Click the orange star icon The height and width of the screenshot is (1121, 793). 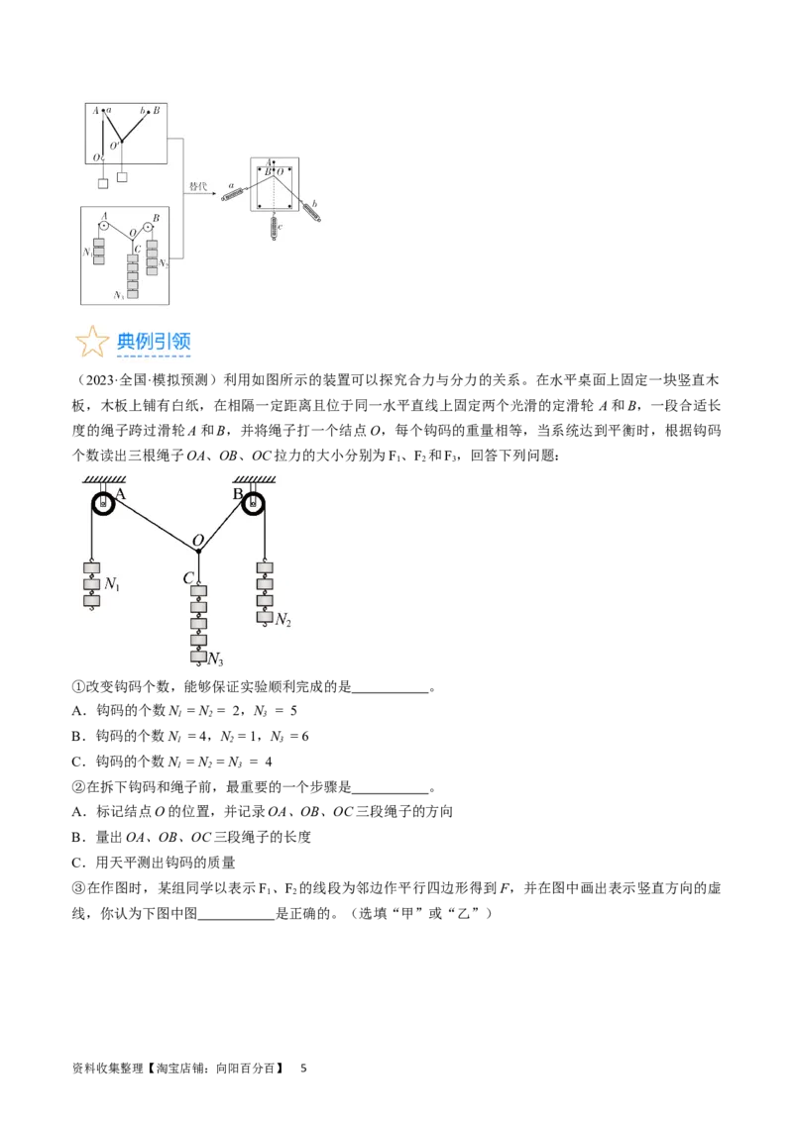point(92,342)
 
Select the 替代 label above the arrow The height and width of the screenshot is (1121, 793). point(199,185)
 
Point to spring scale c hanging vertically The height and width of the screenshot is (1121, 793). point(276,228)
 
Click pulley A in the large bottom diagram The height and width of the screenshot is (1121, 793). point(103,504)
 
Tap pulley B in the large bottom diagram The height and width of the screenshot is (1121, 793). point(255,504)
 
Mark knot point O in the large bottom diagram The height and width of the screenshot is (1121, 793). point(198,550)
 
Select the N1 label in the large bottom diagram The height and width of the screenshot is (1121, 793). point(112,585)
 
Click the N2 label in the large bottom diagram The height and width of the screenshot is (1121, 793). point(283,620)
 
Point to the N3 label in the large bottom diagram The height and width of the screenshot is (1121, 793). point(214,659)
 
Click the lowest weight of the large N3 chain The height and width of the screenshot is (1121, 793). point(198,657)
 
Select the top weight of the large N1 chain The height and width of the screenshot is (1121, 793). point(91,568)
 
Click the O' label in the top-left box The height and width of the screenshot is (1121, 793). point(115,146)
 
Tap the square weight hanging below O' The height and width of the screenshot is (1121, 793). point(122,177)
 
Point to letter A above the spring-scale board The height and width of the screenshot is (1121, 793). point(269,162)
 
